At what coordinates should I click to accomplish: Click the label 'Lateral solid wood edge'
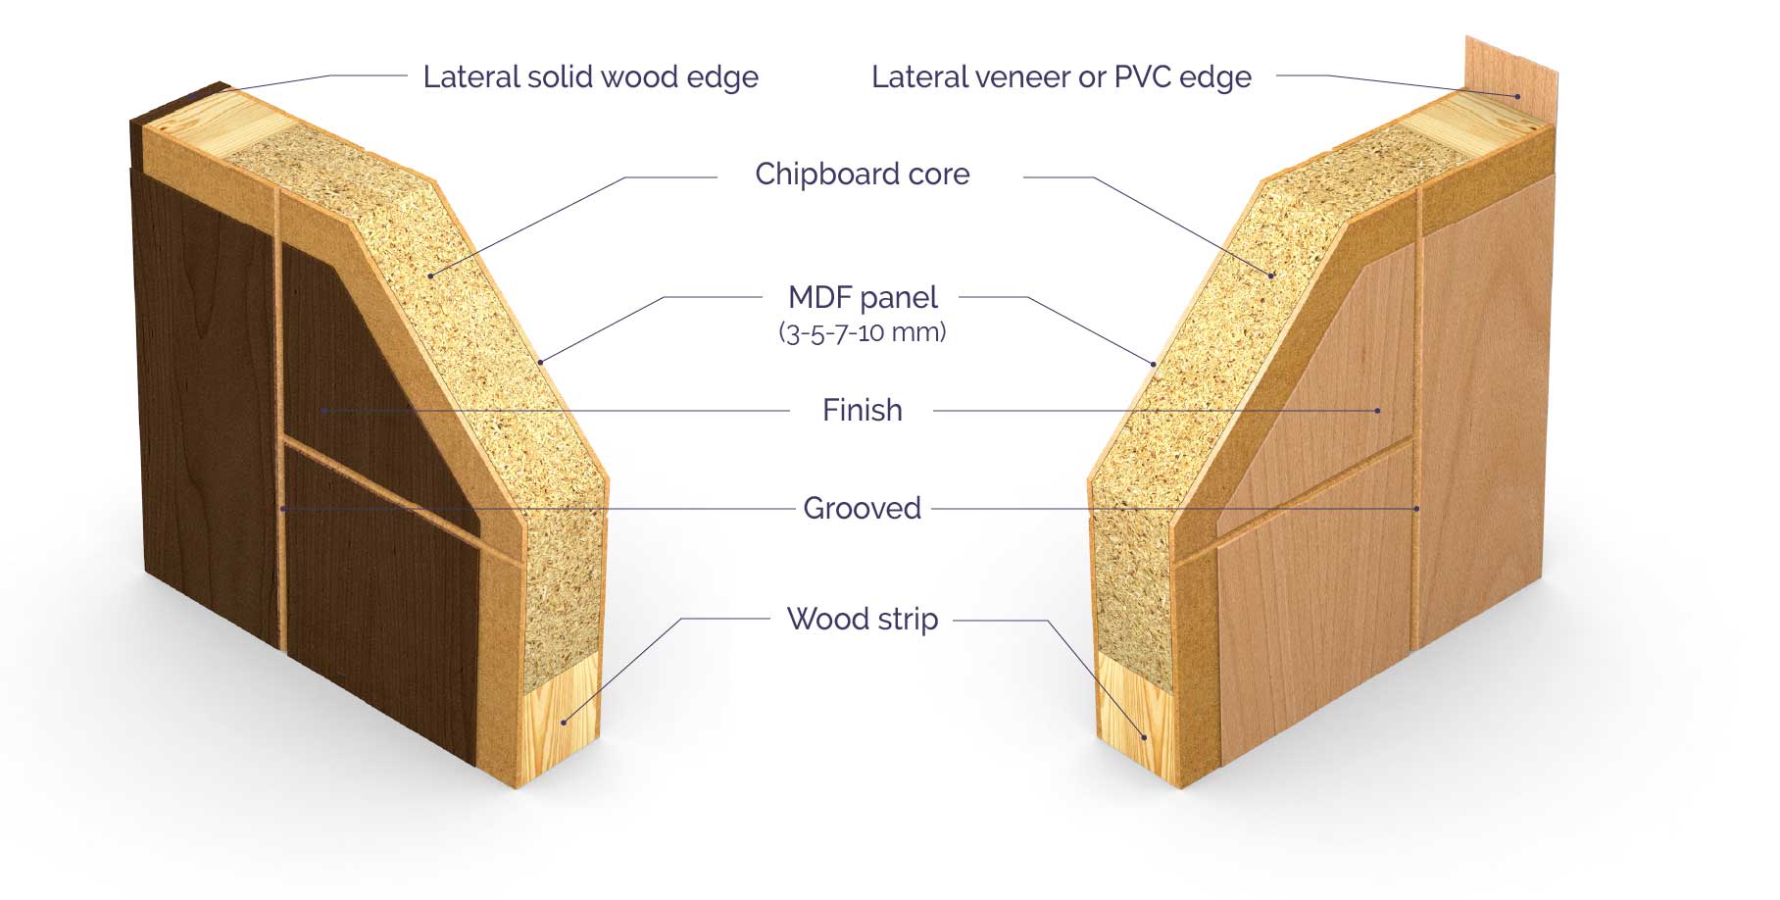[x=590, y=77]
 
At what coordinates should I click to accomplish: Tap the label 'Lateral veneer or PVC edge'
[x=1062, y=77]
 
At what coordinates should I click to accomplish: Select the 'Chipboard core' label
[x=863, y=175]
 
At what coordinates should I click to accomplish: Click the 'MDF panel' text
[x=863, y=297]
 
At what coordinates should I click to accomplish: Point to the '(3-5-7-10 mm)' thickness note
[x=863, y=332]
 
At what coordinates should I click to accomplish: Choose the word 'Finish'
[x=863, y=410]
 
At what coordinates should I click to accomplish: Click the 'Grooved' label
[x=863, y=508]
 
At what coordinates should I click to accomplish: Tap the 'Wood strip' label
[x=863, y=620]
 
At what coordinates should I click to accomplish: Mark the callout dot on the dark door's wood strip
[x=564, y=723]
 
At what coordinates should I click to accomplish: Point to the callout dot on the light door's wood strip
[x=1143, y=736]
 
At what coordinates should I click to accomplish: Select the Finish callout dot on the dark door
[x=323, y=410]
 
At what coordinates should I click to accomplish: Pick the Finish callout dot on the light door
[x=1378, y=411]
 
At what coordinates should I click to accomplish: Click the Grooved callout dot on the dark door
[x=282, y=508]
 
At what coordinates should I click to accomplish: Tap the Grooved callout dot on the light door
[x=1417, y=508]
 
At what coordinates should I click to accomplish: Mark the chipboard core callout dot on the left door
[x=430, y=274]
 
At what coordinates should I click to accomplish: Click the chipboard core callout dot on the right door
[x=1272, y=275]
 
